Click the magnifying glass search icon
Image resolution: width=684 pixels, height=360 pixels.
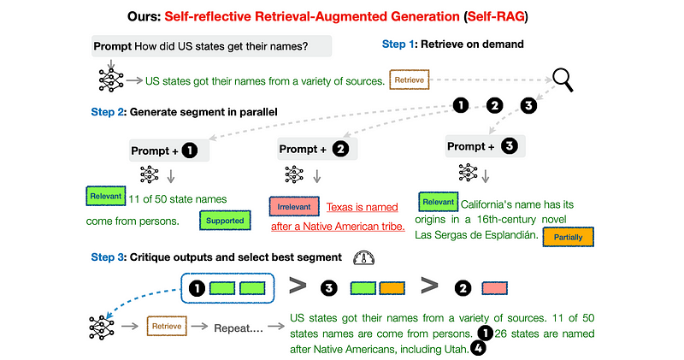click(x=563, y=80)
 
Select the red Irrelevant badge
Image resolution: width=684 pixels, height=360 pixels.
click(x=293, y=207)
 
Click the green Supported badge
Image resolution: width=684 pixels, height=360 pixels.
click(x=226, y=221)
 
